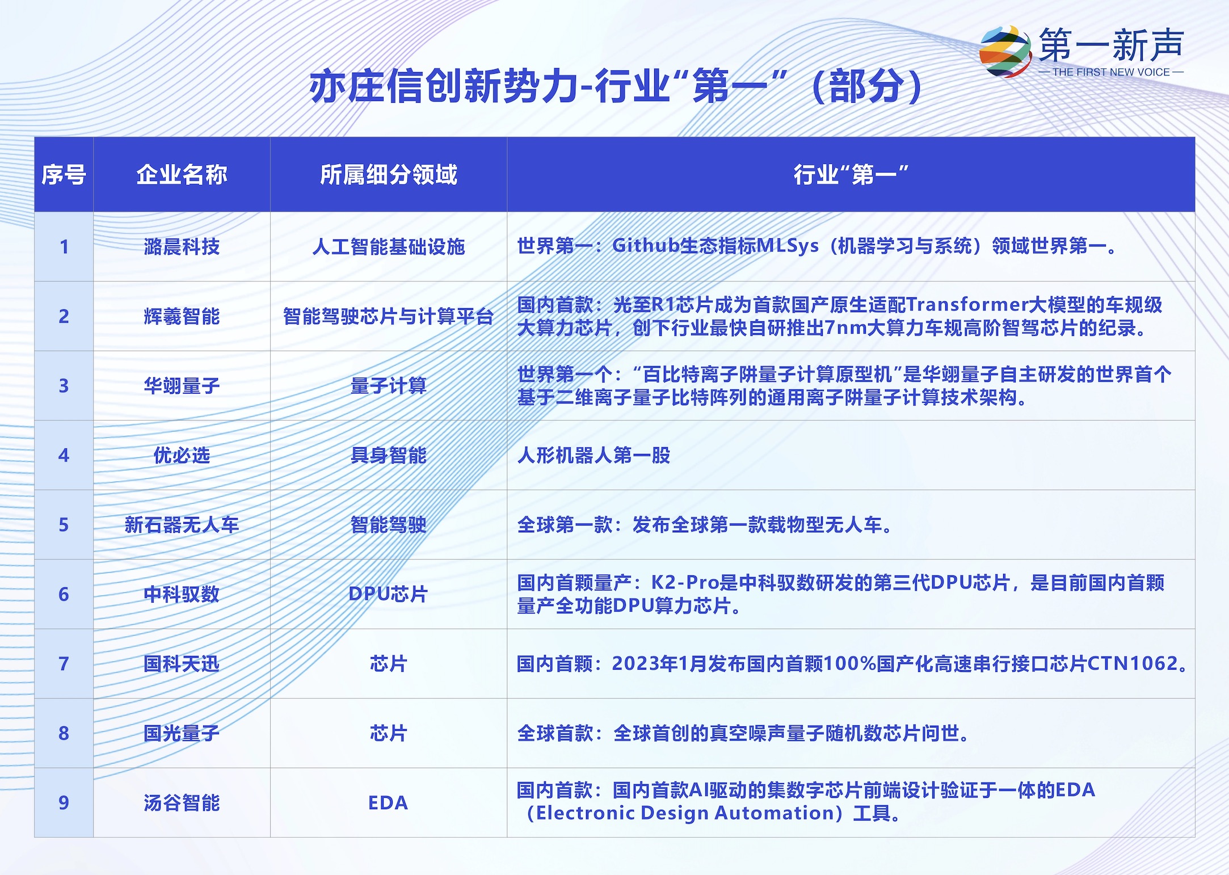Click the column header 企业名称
point(182,175)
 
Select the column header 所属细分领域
point(389,175)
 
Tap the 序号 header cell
point(64,175)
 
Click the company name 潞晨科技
point(182,246)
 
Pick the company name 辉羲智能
point(182,316)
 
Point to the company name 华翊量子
point(182,386)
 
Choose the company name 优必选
point(182,455)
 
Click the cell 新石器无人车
point(182,525)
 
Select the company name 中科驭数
point(182,594)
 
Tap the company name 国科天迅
point(182,664)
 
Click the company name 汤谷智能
point(182,803)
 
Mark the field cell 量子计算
point(389,386)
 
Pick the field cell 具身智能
point(389,455)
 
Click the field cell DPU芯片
point(389,594)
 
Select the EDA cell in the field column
point(389,803)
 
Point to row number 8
point(64,733)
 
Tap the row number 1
point(64,246)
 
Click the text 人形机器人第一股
point(594,455)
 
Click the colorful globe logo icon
point(1005,51)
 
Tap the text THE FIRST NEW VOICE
point(1111,72)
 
